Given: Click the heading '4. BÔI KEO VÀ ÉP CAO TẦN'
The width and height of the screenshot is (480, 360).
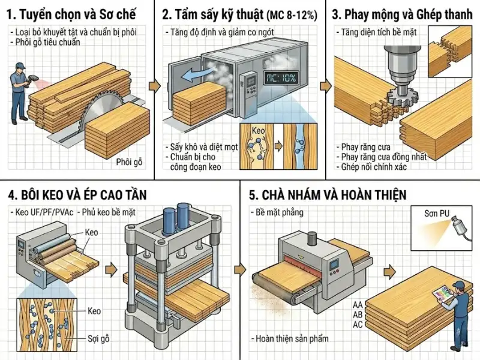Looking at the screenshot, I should pos(77,195).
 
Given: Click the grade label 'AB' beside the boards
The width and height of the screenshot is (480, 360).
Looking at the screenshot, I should pos(358,314).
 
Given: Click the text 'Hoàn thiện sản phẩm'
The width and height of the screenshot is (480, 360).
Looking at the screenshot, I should pos(291,339).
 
